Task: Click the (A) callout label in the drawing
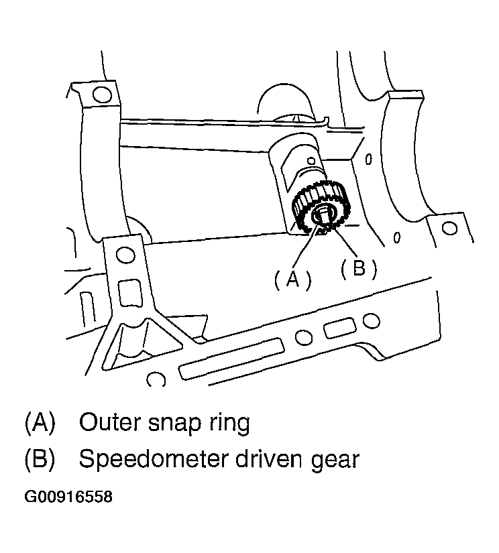293,280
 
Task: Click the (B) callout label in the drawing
359,269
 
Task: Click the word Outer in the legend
110,422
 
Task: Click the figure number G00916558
68,497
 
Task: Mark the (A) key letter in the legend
40,422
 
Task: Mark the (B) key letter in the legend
40,459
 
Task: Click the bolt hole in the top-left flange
102,94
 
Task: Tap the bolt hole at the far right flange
449,228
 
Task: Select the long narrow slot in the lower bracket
231,359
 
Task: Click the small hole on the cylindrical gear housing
311,161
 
